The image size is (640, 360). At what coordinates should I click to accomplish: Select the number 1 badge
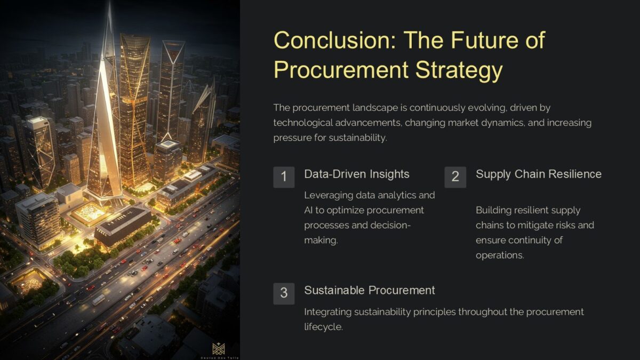284,177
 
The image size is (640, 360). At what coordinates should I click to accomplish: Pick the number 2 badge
455,177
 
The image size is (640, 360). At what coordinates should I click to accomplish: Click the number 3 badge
284,293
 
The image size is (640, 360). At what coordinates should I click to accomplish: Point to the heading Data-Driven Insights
356,174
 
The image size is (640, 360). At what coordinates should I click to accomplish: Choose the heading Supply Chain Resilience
538,174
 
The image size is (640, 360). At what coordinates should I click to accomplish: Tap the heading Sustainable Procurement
369,291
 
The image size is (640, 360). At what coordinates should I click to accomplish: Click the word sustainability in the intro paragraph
356,138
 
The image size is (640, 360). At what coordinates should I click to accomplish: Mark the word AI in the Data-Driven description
309,210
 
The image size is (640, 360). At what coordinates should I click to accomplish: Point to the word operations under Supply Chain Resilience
499,255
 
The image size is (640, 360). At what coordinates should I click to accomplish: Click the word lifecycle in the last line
323,326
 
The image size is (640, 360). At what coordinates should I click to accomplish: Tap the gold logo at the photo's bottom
219,349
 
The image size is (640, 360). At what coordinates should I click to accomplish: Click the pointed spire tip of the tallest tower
109,4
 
